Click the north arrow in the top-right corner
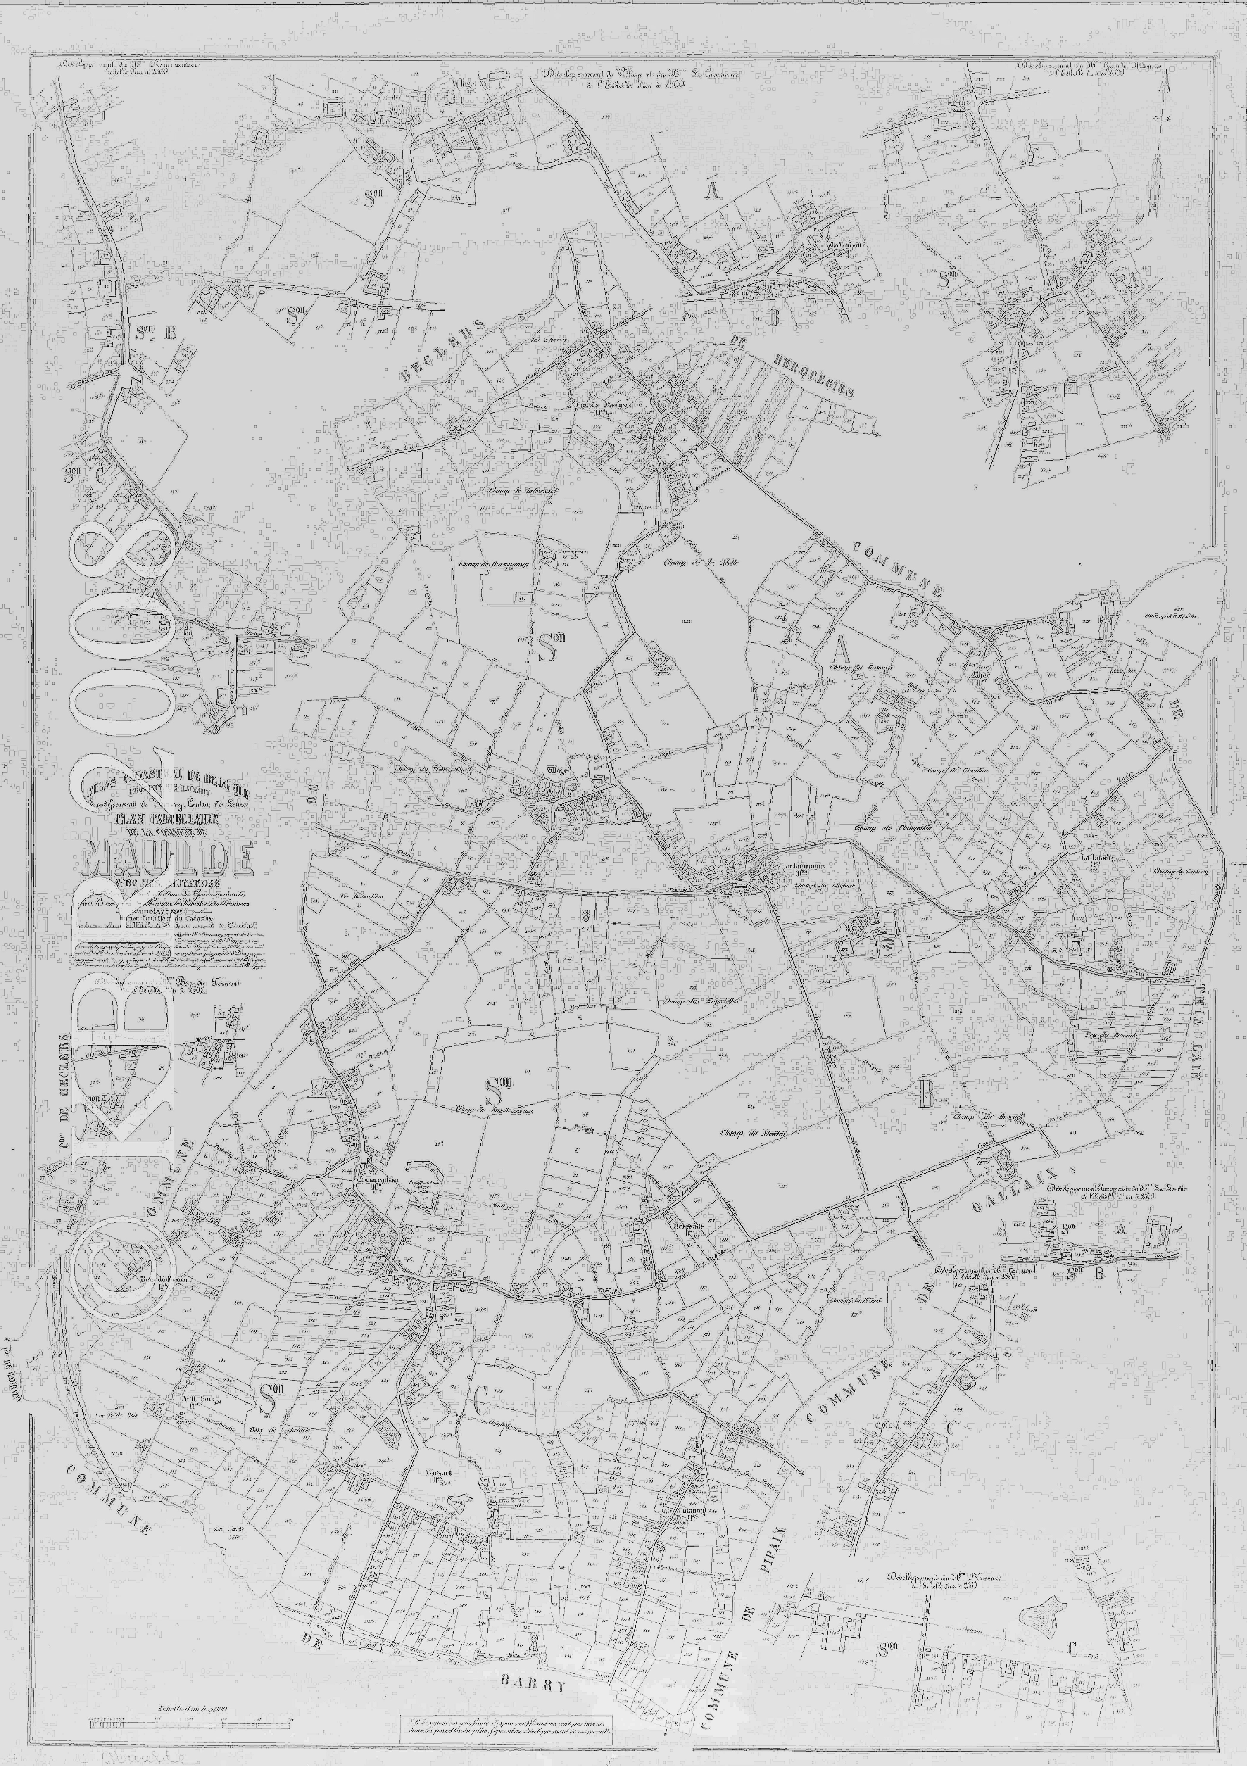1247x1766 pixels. point(1160,146)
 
